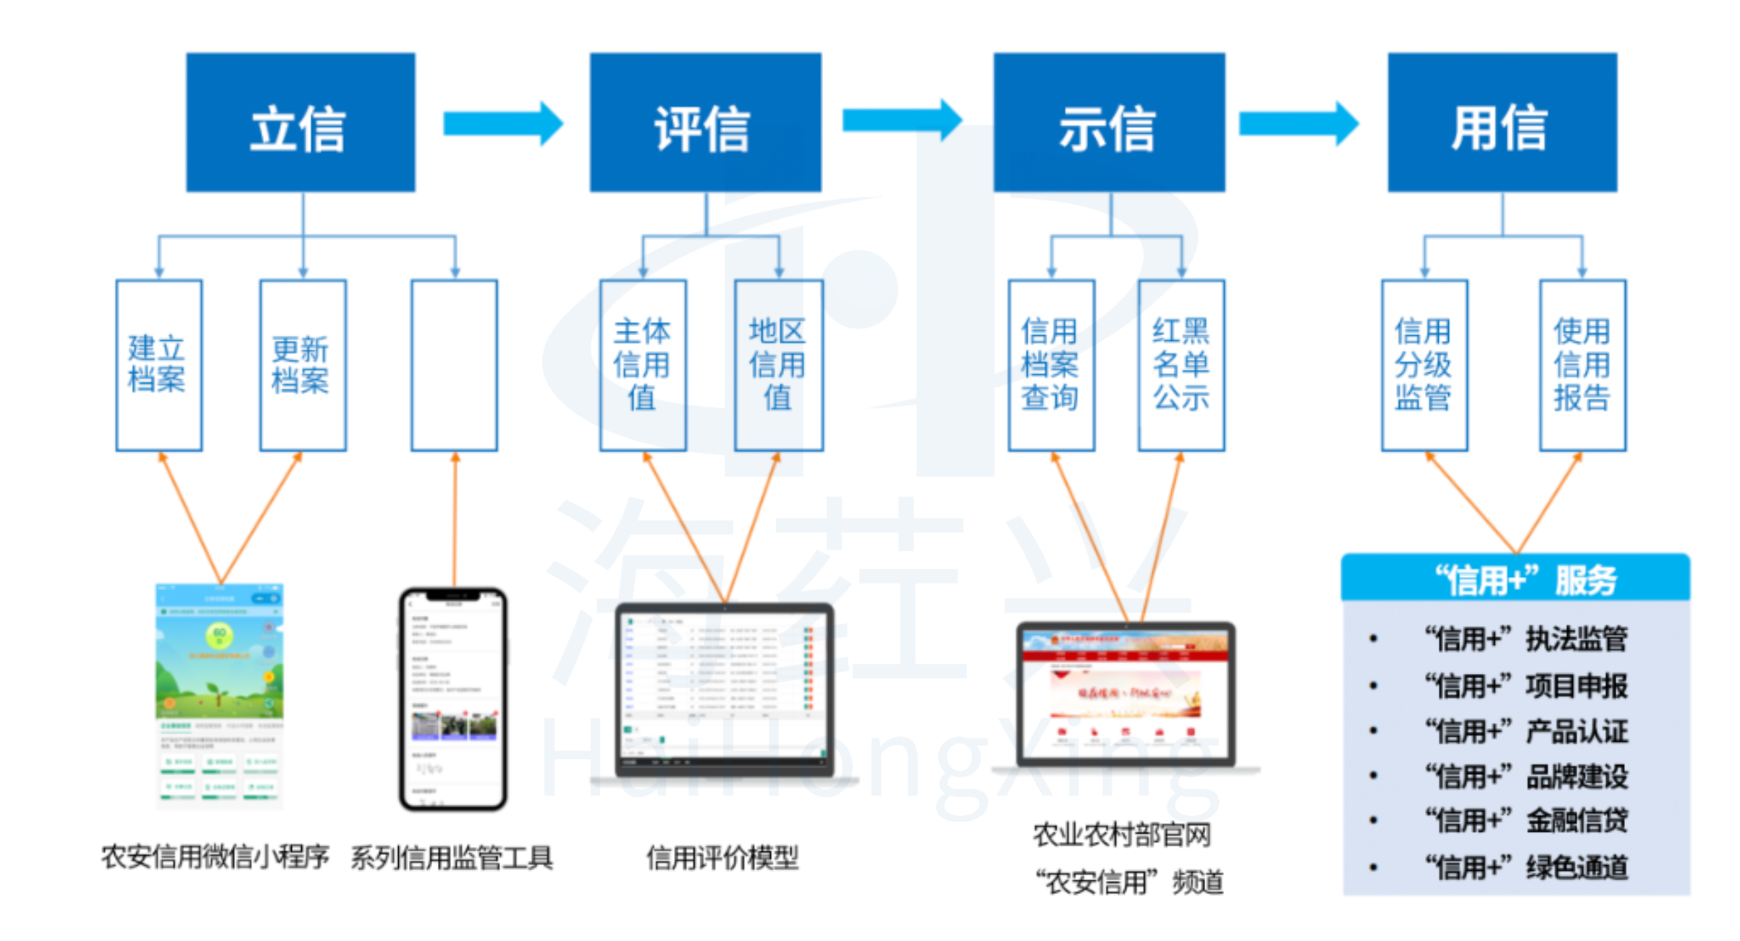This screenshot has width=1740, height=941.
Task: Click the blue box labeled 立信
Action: click(x=300, y=122)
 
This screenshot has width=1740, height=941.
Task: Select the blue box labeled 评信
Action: click(x=705, y=122)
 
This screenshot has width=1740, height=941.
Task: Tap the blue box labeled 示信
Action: click(x=1109, y=122)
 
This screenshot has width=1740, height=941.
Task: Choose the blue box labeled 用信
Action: click(x=1502, y=122)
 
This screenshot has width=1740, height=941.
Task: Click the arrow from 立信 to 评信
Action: click(x=502, y=124)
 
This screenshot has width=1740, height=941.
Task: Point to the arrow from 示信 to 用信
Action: click(x=1298, y=124)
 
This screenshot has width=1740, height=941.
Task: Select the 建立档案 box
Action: click(x=159, y=365)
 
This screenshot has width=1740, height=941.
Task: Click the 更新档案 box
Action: click(x=303, y=365)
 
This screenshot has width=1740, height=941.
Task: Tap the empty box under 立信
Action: click(x=454, y=365)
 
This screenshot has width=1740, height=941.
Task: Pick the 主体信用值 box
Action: click(x=643, y=365)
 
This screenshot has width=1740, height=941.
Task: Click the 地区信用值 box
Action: click(x=779, y=365)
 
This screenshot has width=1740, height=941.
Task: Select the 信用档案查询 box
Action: click(x=1051, y=365)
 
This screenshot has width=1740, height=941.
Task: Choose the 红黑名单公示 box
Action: click(x=1181, y=365)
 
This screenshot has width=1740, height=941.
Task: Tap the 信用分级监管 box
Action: click(x=1424, y=365)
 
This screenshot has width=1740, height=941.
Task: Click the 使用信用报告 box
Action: click(x=1582, y=365)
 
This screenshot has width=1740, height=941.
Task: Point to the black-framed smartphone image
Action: click(x=454, y=699)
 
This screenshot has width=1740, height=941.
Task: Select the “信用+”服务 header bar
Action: click(x=1516, y=578)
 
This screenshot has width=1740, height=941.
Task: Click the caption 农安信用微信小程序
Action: click(x=216, y=857)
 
